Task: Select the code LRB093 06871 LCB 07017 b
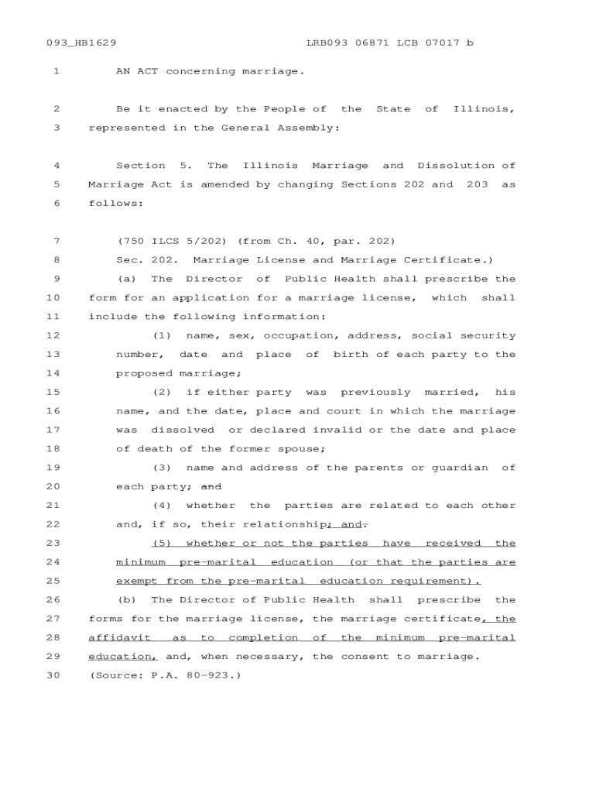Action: [x=389, y=43]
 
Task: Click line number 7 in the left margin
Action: [x=57, y=241]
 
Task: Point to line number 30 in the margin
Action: [x=53, y=675]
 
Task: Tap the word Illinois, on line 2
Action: [x=484, y=109]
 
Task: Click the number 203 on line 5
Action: [x=478, y=184]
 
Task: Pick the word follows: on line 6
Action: [x=116, y=203]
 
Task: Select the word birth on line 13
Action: [x=351, y=355]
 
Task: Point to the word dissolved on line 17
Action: [x=183, y=430]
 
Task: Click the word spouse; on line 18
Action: [x=301, y=448]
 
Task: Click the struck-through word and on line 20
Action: [x=211, y=486]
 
